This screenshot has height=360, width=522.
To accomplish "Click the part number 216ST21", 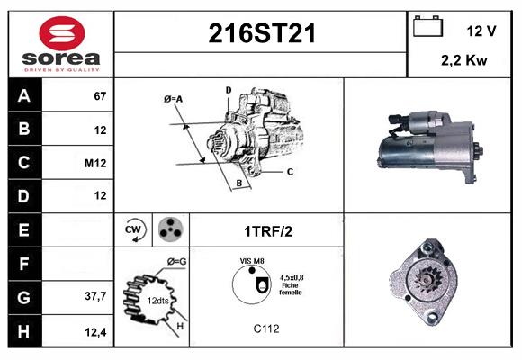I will [x=262, y=34].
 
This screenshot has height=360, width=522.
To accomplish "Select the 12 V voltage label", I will [x=481, y=31].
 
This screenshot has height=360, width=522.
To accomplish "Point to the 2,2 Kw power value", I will [x=464, y=61].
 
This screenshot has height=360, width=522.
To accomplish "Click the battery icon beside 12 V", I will [x=428, y=28].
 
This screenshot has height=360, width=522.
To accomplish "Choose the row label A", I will [x=23, y=96].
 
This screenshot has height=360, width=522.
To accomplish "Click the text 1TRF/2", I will [x=267, y=230].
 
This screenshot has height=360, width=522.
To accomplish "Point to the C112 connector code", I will [x=265, y=328].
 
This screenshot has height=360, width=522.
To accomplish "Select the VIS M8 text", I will [x=251, y=261].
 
